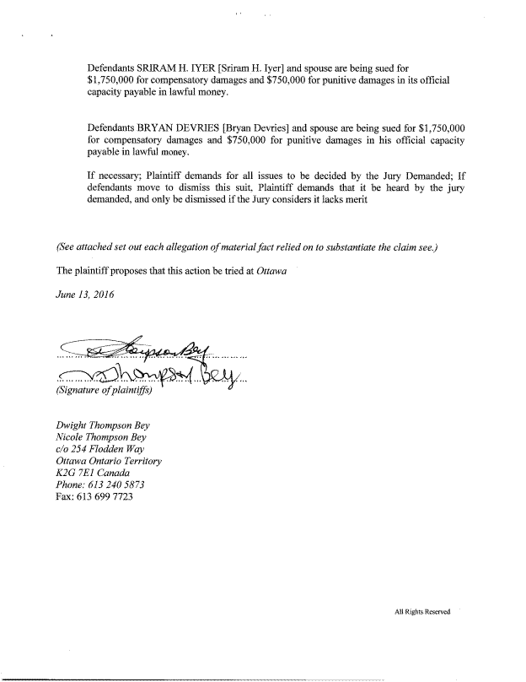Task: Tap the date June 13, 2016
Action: tap(85, 295)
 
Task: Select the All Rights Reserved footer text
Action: tap(423, 612)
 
